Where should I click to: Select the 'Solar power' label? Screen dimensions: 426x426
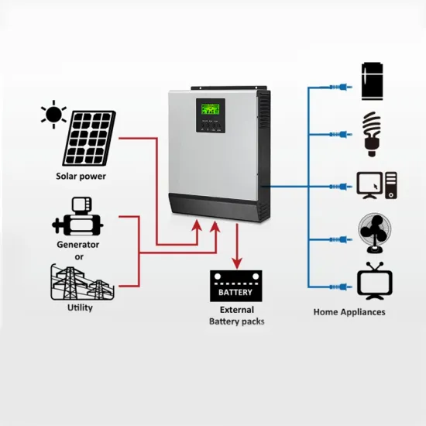point(81,176)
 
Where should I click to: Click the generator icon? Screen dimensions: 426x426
point(78,218)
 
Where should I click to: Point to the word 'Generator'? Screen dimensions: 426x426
point(78,245)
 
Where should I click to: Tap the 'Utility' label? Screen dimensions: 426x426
point(80,307)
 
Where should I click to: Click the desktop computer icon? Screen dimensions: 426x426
point(376,186)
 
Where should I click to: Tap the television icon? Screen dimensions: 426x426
point(372,280)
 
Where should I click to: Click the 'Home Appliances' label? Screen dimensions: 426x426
point(349,312)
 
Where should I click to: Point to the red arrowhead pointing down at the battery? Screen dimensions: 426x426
point(235,261)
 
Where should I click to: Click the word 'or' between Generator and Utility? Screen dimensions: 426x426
point(78,256)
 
